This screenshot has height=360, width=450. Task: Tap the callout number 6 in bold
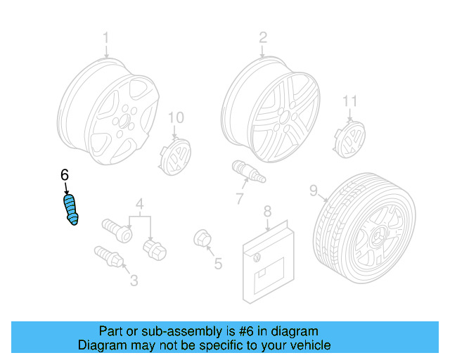pyautogui.click(x=65, y=174)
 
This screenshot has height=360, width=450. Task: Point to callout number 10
pyautogui.click(x=175, y=117)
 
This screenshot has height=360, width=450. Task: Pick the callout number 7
pyautogui.click(x=239, y=198)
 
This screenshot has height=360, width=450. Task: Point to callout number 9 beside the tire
pyautogui.click(x=314, y=191)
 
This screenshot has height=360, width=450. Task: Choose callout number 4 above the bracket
pyautogui.click(x=139, y=205)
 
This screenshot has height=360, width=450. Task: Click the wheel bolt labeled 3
pyautogui.click(x=109, y=256)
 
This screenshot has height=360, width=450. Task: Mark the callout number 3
pyautogui.click(x=134, y=281)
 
